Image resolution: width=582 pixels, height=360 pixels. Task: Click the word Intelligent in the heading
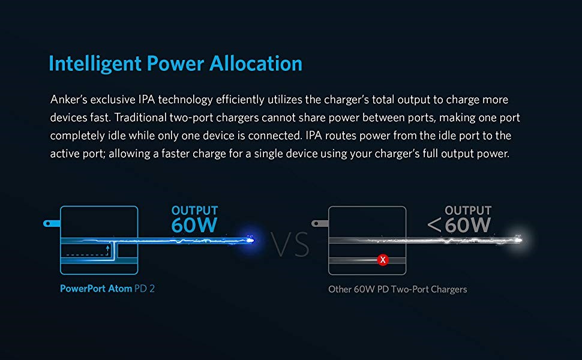[95, 64]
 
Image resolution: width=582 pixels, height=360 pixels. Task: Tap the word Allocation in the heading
[256, 64]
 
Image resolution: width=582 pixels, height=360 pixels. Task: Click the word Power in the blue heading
[176, 64]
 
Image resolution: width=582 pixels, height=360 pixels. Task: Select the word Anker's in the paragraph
[68, 100]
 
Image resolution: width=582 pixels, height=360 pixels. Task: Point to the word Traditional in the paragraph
[140, 117]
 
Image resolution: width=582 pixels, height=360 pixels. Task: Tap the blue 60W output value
[194, 225]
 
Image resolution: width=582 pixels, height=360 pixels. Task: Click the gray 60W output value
[467, 225]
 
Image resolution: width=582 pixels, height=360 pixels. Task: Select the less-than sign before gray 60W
[434, 225]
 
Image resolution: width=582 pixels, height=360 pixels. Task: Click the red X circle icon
[383, 260]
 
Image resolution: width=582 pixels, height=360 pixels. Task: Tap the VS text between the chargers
[290, 245]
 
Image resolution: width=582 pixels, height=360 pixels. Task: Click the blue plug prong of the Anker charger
[52, 223]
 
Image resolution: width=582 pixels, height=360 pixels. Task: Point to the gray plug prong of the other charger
[320, 223]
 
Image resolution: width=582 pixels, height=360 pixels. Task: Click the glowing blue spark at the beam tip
[250, 241]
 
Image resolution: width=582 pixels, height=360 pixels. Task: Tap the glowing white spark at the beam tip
[518, 240]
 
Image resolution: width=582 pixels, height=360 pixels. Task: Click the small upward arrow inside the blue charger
[107, 250]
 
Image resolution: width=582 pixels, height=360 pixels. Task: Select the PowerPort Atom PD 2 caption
[107, 289]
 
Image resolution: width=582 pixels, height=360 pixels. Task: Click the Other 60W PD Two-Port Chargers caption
[398, 289]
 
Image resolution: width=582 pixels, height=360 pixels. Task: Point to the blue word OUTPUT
[194, 211]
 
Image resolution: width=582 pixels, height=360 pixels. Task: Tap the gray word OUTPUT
[468, 211]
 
